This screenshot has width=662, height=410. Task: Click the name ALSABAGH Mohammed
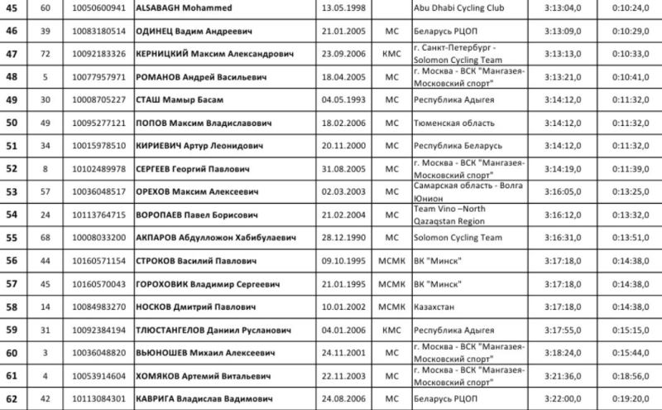point(184,7)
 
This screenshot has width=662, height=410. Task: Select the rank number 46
point(12,31)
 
